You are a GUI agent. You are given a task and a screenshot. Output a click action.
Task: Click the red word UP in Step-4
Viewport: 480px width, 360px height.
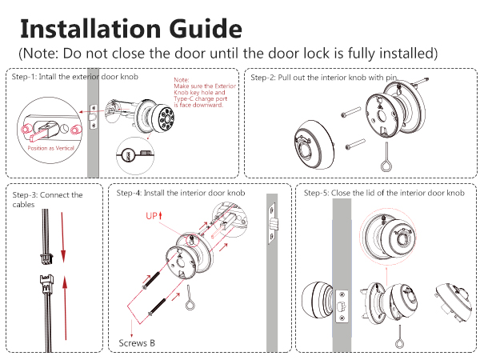click(x=152, y=216)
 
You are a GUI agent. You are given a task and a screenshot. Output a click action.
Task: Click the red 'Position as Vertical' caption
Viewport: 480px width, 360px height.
click(x=51, y=148)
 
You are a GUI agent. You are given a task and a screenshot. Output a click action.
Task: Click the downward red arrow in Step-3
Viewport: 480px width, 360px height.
click(x=62, y=237)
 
